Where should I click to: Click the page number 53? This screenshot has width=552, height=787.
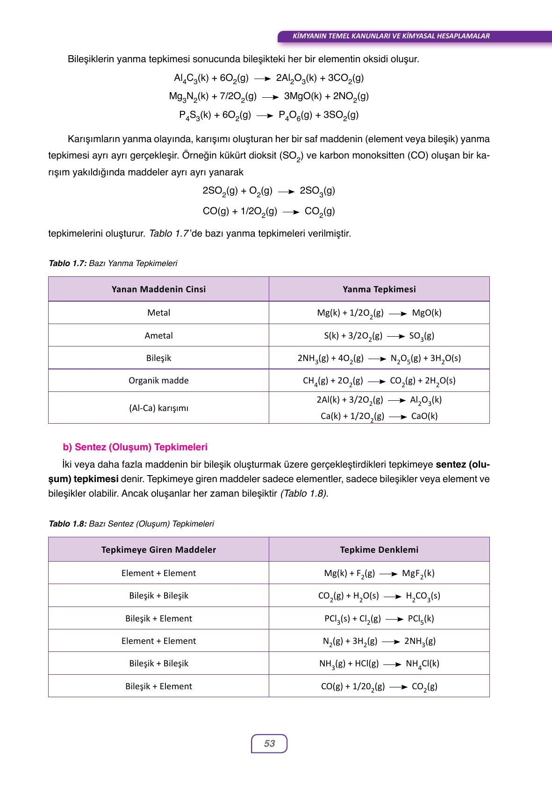pyautogui.click(x=269, y=744)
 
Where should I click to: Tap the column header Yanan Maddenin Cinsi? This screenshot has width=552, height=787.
pyautogui.click(x=158, y=289)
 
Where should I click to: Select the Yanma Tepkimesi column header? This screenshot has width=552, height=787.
pyautogui.click(x=379, y=289)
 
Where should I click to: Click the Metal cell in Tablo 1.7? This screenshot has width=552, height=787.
pyautogui.click(x=158, y=312)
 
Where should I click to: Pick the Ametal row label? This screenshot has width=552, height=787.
pyautogui.click(x=158, y=335)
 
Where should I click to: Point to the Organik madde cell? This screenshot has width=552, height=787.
pyautogui.click(x=158, y=380)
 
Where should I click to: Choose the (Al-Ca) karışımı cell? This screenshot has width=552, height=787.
pyautogui.click(x=158, y=408)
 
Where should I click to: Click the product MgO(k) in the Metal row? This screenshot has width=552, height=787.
pyautogui.click(x=426, y=313)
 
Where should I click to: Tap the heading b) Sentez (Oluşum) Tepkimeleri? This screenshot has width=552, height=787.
pyautogui.click(x=135, y=447)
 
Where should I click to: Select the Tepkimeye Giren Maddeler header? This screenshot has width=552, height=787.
pyautogui.click(x=158, y=549)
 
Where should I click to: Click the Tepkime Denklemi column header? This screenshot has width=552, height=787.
pyautogui.click(x=379, y=549)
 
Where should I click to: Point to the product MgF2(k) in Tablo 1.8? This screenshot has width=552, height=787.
pyautogui.click(x=418, y=573)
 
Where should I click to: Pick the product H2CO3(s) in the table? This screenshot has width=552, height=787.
pyautogui.click(x=423, y=596)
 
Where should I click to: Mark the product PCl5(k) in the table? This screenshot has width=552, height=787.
pyautogui.click(x=421, y=619)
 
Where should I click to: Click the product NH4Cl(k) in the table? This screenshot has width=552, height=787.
pyautogui.click(x=422, y=664)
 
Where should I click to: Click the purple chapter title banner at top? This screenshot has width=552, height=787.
pyautogui.click(x=390, y=36)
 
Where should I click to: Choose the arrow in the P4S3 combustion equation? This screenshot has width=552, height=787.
pyautogui.click(x=265, y=116)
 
